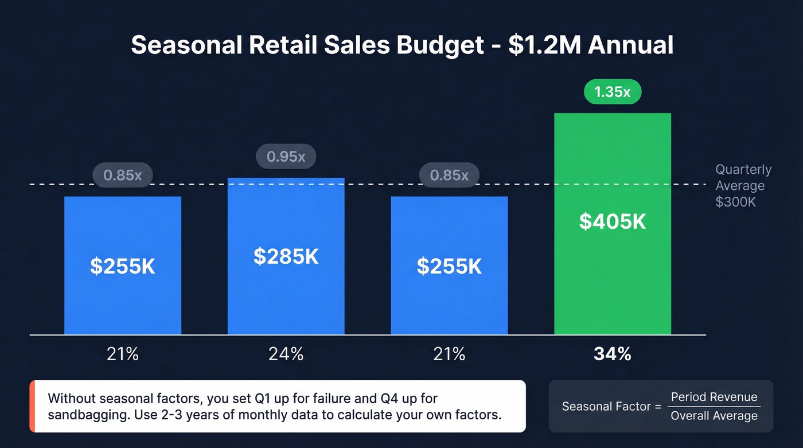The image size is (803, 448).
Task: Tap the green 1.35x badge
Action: click(x=612, y=92)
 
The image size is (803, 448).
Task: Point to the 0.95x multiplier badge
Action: click(x=286, y=157)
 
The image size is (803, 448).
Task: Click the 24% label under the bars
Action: click(x=286, y=354)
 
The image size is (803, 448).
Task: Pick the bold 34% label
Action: click(x=612, y=354)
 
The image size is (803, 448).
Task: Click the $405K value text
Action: click(x=612, y=221)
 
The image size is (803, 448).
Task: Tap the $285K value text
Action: click(x=286, y=256)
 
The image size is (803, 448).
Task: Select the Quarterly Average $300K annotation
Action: click(x=743, y=186)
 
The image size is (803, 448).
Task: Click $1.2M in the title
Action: click(x=544, y=45)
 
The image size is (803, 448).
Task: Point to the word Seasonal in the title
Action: click(x=186, y=45)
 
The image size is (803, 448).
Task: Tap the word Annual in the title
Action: click(x=631, y=45)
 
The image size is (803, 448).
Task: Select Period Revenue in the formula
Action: click(x=714, y=397)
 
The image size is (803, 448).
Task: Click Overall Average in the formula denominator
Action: click(x=714, y=416)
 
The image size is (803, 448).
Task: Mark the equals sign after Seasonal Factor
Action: click(x=657, y=407)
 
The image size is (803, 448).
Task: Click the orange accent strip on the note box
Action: click(x=32, y=406)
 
